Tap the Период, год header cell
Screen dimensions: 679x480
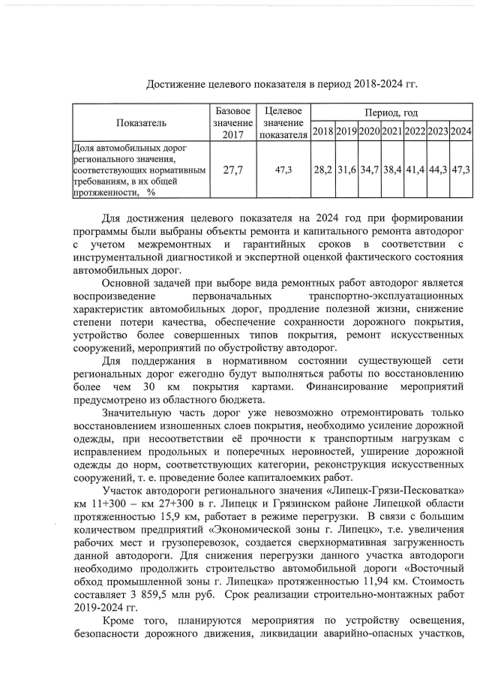pos(391,113)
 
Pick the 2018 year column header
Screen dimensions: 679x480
pos(322,132)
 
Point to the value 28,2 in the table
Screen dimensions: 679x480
pos(322,170)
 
